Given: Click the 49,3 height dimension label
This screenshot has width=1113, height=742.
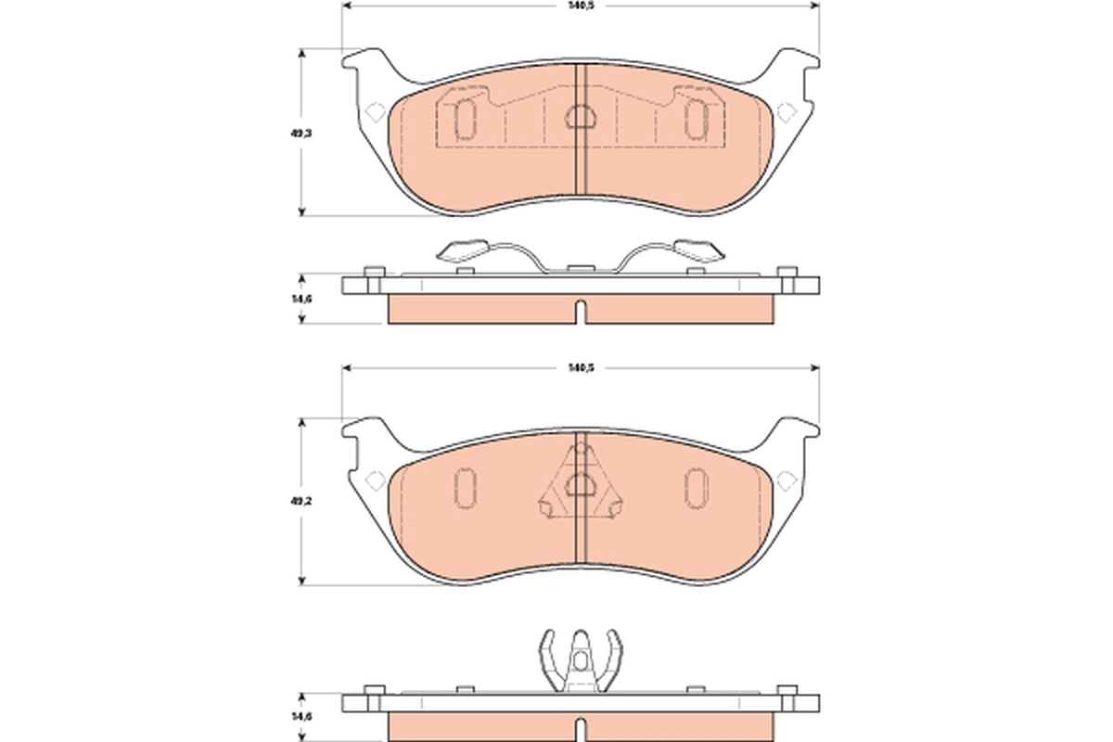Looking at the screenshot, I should [300, 133].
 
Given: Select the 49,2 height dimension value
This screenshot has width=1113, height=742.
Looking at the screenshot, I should [300, 502].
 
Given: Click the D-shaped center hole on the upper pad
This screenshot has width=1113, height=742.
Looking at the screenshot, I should [581, 117].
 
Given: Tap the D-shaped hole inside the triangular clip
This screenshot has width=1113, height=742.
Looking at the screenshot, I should [581, 484].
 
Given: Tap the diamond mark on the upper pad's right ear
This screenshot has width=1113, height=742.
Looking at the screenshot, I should [787, 112].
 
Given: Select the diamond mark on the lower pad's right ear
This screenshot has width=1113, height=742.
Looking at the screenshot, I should [787, 480].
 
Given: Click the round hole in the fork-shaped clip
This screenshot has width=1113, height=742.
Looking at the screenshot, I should [581, 661].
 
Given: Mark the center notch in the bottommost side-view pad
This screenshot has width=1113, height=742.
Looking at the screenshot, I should [581, 729].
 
